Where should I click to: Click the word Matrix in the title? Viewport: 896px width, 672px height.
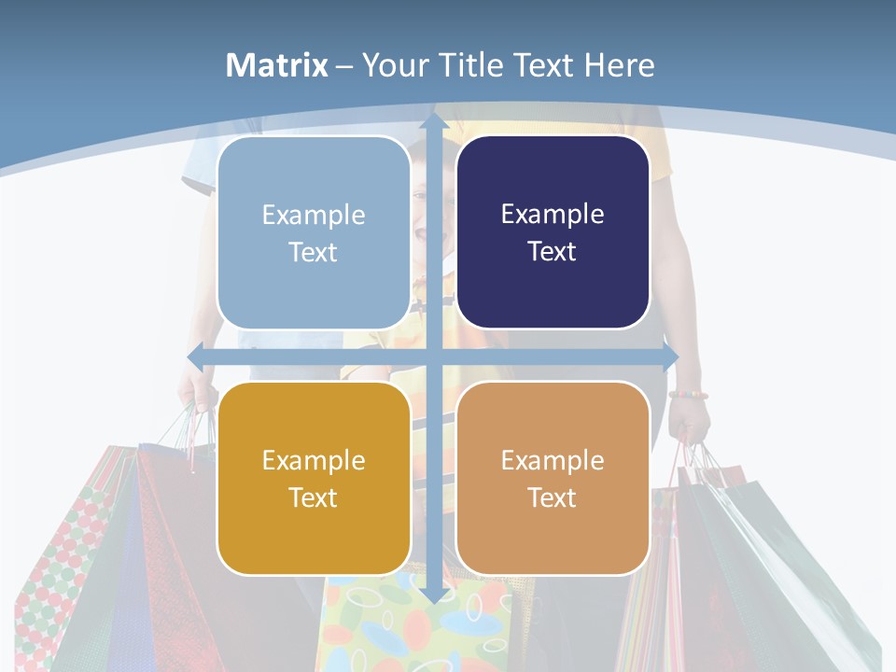click(277, 65)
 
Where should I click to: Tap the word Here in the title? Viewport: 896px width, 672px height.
click(619, 65)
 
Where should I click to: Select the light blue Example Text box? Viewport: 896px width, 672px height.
click(314, 233)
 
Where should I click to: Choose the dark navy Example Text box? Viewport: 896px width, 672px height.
click(553, 232)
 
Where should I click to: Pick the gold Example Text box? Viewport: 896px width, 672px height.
click(314, 478)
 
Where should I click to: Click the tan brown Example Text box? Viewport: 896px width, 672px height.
click(553, 478)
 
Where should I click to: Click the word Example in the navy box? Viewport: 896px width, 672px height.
click(553, 215)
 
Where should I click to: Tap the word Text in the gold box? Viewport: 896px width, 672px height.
click(313, 497)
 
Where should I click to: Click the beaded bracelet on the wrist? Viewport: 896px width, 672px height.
click(688, 395)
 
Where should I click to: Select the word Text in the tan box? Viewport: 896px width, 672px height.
click(553, 497)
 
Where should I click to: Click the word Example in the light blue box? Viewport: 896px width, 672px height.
click(314, 216)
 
